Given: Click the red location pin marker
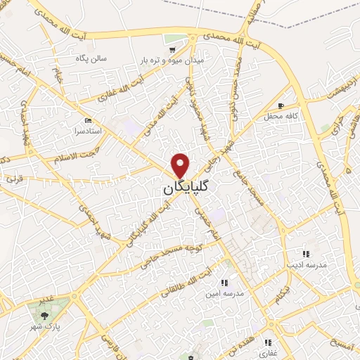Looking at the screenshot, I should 181,165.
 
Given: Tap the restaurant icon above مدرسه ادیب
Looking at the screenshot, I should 305,254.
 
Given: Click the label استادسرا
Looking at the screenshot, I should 86,131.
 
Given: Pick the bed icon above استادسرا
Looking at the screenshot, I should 86,120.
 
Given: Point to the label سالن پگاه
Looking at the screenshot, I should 92,58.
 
